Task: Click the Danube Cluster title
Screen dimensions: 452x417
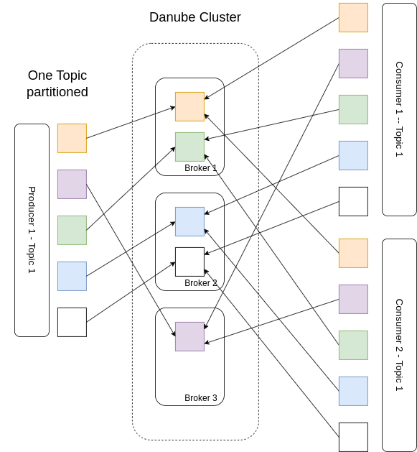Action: tap(195, 17)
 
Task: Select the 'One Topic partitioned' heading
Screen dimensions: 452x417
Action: tap(57, 83)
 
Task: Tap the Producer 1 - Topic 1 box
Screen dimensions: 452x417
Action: tap(32, 230)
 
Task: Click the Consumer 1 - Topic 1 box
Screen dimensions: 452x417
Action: tap(399, 109)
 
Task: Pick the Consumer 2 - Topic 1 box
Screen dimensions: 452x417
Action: tap(399, 345)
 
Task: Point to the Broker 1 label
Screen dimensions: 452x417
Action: tap(200, 168)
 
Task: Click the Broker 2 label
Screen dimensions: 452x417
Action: tap(200, 283)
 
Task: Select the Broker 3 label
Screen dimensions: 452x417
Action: tap(200, 398)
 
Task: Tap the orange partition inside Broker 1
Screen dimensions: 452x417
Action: tap(189, 106)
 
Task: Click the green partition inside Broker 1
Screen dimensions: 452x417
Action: tap(189, 147)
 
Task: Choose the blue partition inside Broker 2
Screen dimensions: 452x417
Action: tap(189, 221)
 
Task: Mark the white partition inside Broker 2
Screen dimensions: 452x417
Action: tap(189, 262)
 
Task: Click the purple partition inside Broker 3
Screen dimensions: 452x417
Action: tap(189, 336)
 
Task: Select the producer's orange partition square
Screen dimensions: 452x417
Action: tap(72, 138)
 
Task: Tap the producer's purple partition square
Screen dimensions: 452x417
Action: tap(72, 184)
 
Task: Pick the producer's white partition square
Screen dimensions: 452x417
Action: tap(72, 322)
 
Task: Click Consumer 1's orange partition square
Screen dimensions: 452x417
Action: tap(353, 17)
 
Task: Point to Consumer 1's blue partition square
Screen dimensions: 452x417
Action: tap(353, 155)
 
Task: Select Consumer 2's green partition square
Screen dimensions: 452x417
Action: tap(353, 345)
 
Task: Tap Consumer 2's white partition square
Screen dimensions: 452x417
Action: tap(353, 437)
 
